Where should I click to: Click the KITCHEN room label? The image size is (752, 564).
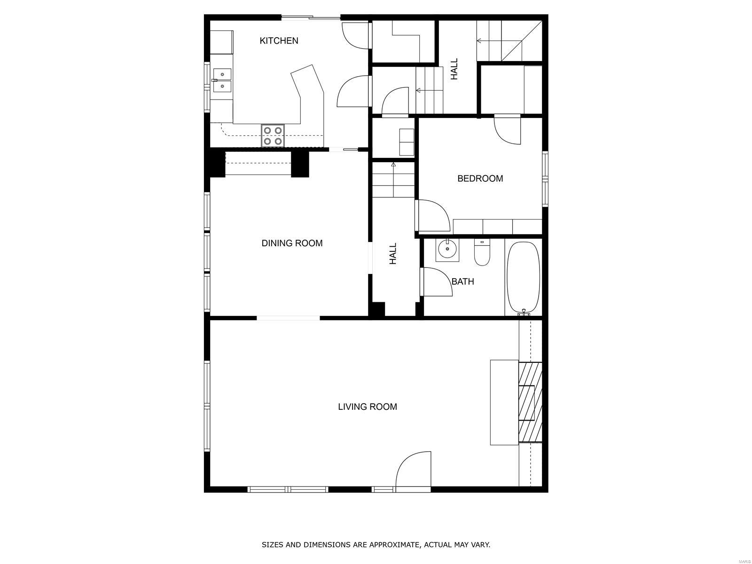coord(279,41)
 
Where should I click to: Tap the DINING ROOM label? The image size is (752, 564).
coord(292,243)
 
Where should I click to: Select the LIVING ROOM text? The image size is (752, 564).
coord(367,407)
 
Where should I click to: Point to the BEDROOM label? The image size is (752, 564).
coord(480,179)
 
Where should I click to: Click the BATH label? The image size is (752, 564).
coord(462,282)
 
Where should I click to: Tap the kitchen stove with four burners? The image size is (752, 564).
coord(273,136)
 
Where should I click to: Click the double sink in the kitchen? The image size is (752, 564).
coord(222,80)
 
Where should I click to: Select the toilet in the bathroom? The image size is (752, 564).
coord(482,252)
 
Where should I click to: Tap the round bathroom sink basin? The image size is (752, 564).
coord(447,250)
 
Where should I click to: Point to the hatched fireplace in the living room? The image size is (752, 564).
coord(530,402)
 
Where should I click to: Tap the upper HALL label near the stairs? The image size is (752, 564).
coord(454,69)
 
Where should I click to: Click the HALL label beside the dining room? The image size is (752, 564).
coord(393,254)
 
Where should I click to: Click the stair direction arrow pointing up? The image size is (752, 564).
coord(393,180)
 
